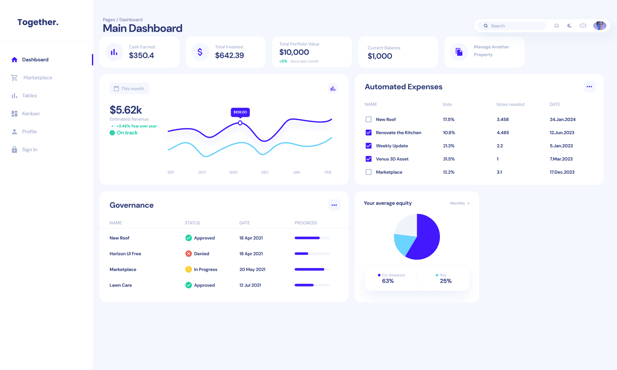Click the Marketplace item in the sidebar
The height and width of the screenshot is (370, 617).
pos(37,78)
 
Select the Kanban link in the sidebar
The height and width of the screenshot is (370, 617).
pos(31,114)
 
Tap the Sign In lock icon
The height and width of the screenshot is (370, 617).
pos(14,150)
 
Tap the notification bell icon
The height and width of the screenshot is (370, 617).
pos(557,26)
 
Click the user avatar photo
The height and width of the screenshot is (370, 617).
pos(599,26)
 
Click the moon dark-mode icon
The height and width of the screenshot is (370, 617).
pos(570,26)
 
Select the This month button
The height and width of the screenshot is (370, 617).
pos(129,89)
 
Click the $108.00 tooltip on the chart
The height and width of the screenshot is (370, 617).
pos(240,112)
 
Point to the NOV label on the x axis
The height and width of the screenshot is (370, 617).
pos(234,172)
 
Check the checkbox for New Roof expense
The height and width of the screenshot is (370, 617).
pos(369,119)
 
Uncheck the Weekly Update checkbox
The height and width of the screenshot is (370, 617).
pos(369,146)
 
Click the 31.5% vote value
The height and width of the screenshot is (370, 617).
pos(449,159)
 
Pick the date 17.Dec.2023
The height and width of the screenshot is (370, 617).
pos(562,172)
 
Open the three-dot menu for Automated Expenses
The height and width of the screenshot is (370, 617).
pos(589,87)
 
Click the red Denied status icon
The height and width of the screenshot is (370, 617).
pos(189,254)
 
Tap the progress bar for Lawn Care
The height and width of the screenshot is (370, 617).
pos(312,285)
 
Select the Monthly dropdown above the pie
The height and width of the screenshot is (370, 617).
pos(460,203)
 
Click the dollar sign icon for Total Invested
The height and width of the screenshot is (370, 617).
pos(200,52)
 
